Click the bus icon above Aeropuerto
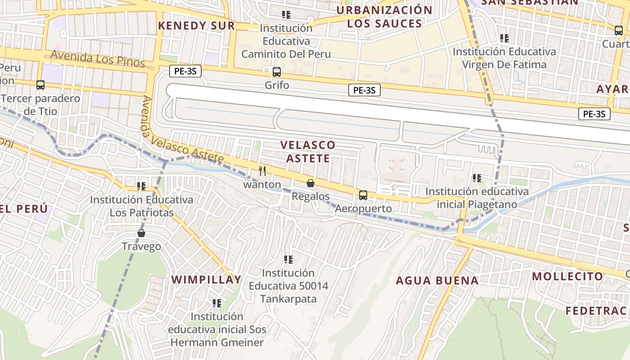click(363, 195)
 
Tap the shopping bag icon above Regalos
click(310, 183)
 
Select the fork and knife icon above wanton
click(263, 171)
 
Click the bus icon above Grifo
click(277, 72)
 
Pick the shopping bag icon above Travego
click(141, 233)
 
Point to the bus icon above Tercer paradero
click(40, 85)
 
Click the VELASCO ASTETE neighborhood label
click(308, 152)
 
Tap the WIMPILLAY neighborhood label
click(207, 279)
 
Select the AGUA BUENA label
click(437, 281)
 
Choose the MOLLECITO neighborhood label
click(567, 276)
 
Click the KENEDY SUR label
click(197, 26)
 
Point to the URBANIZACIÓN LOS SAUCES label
click(384, 17)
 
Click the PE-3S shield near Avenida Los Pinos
click(185, 71)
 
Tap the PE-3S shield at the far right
click(594, 114)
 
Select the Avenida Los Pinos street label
click(98, 58)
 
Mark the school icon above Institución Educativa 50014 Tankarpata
click(288, 260)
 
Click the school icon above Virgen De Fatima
click(504, 38)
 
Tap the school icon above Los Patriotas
click(141, 186)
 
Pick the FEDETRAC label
click(596, 310)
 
